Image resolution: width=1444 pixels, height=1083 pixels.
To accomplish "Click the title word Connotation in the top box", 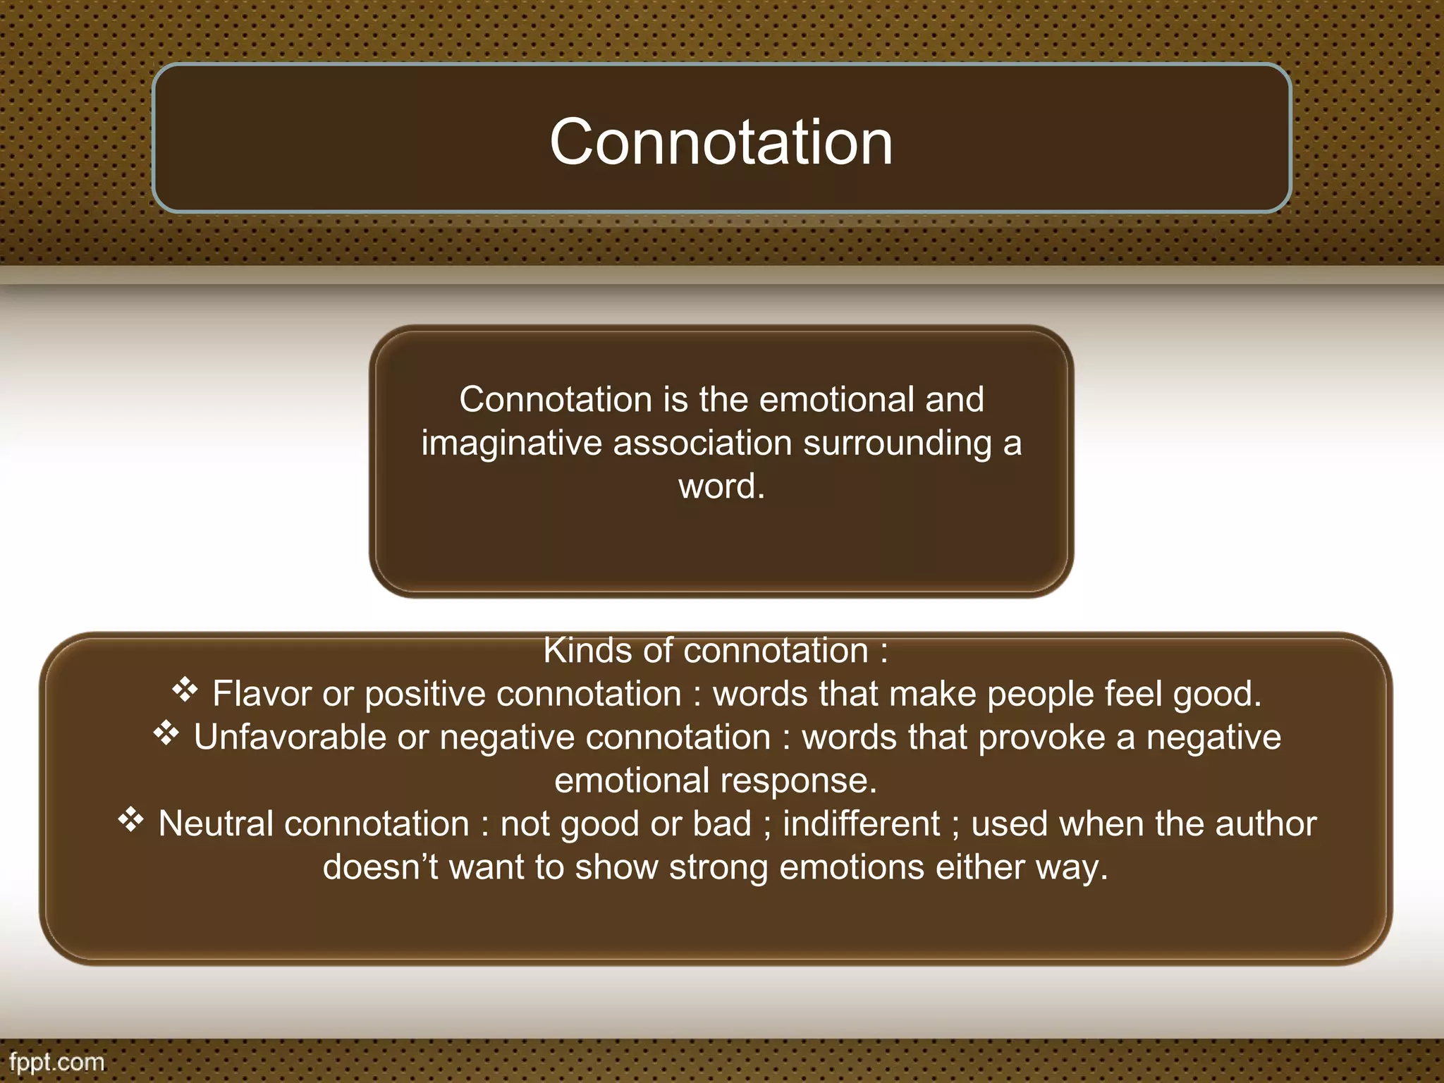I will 721,142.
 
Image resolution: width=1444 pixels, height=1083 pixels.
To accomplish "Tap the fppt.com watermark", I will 56,1062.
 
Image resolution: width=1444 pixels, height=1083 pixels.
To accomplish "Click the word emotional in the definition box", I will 836,400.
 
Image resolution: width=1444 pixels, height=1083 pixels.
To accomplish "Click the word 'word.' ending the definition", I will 721,487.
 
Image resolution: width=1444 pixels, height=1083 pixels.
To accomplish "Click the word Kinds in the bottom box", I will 587,651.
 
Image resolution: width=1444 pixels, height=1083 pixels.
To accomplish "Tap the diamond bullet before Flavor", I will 185,690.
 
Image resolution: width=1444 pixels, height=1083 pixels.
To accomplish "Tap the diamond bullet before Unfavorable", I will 166,734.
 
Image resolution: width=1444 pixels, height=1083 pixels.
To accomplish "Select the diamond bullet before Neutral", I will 130,821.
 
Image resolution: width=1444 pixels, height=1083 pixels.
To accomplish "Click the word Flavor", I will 262,694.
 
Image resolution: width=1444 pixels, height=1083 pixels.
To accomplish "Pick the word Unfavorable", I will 290,738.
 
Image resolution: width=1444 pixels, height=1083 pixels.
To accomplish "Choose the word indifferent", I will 861,824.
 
